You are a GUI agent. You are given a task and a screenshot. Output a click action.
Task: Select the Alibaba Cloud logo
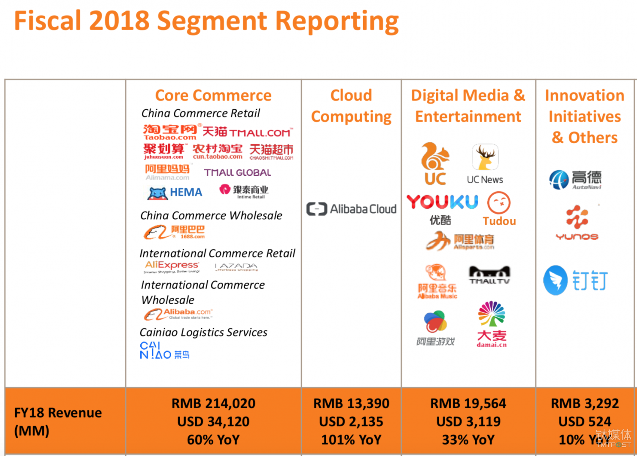pos(351,209)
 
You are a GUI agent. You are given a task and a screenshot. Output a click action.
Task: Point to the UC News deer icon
pos(485,157)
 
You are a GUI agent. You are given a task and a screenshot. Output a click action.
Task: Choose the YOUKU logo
pos(442,202)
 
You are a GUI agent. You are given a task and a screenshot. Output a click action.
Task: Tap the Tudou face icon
pos(499,203)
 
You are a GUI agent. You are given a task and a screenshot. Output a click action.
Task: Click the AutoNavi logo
pos(575,180)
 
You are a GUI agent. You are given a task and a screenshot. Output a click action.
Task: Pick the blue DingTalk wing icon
pos(555,280)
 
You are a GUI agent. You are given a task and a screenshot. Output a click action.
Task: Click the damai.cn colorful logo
pos(491,323)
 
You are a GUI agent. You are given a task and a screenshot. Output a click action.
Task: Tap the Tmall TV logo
pos(489,275)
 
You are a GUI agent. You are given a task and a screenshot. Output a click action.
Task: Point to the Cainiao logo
pos(164,350)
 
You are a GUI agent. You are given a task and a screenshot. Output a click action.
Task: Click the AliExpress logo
pos(172,266)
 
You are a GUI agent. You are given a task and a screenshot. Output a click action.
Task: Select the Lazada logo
pos(236,267)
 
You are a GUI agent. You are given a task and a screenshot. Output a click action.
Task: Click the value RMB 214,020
pos(213,403)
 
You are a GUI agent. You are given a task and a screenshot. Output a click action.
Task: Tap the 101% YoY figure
pos(351,440)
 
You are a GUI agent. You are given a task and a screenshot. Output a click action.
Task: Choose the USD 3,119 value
pos(468,421)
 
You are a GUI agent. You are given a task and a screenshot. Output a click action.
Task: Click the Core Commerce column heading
pos(213,95)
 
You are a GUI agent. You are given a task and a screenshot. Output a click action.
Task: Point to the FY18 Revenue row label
pos(58,421)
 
